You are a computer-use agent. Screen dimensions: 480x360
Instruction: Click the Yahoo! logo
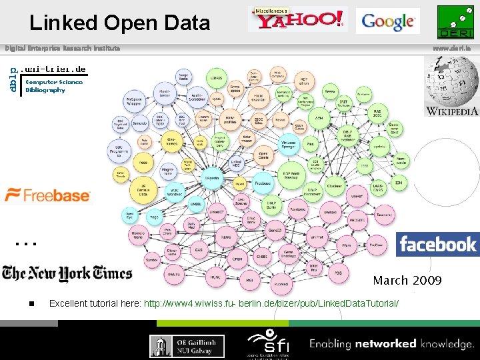point(297,19)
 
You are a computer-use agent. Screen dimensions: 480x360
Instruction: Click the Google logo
point(387,21)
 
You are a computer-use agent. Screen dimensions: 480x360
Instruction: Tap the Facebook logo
point(437,244)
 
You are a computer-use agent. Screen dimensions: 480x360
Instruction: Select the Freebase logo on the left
point(47,195)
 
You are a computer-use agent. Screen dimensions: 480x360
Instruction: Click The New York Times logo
point(67,273)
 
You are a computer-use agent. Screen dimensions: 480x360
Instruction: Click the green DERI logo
point(455,22)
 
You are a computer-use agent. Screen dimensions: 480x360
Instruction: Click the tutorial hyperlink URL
point(271,303)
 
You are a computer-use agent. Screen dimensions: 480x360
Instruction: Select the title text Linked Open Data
point(119,23)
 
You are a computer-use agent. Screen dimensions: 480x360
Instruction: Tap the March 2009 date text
point(407,280)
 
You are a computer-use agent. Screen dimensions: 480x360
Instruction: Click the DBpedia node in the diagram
point(211,178)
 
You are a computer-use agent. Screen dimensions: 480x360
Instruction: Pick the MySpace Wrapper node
point(135,101)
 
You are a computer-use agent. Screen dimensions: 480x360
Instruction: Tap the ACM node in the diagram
point(319,119)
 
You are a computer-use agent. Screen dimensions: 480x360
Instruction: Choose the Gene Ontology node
point(288,254)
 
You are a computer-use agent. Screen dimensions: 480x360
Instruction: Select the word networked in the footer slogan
point(385,344)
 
